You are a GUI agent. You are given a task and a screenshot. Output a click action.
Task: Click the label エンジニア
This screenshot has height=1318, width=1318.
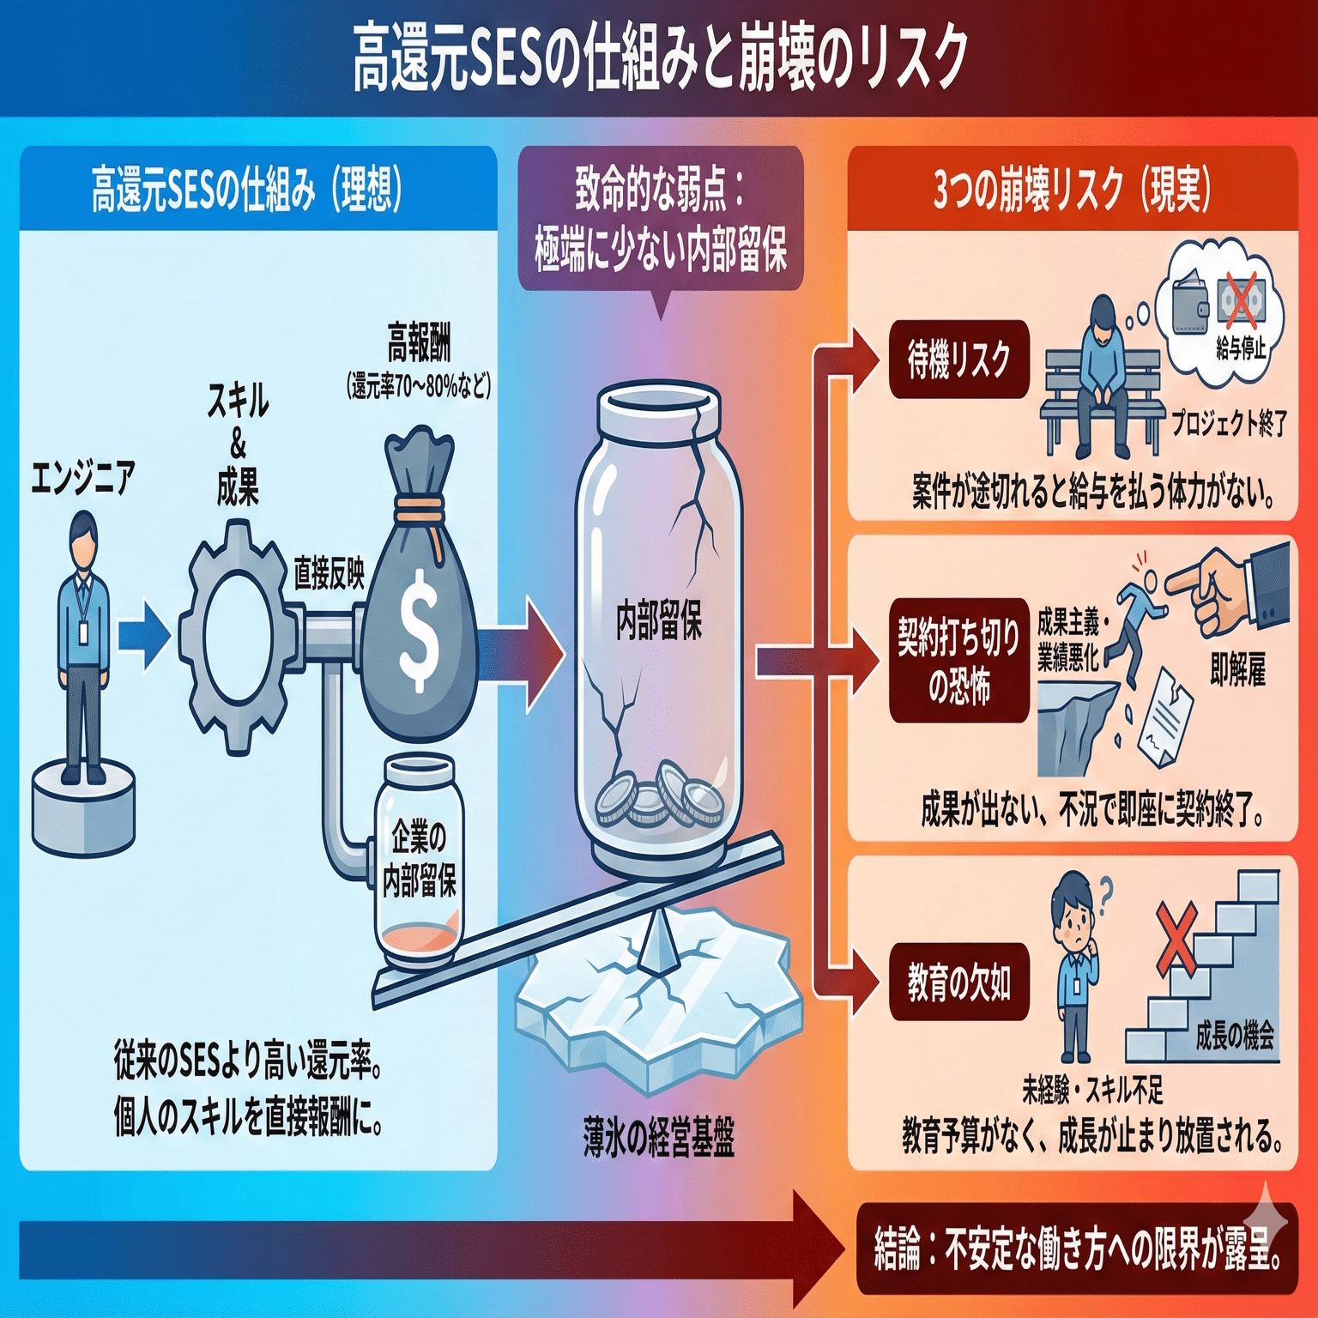(82, 478)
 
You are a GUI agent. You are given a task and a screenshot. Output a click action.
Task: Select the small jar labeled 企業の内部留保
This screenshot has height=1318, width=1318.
(419, 858)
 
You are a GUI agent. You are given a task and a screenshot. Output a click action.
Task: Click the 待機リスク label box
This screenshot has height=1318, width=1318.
(958, 360)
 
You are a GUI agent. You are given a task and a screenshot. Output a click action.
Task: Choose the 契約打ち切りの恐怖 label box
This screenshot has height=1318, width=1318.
(958, 660)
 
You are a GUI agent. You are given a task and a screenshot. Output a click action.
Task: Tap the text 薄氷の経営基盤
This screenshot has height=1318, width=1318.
(659, 1138)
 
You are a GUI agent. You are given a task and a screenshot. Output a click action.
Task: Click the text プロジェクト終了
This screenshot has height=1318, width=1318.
(1229, 422)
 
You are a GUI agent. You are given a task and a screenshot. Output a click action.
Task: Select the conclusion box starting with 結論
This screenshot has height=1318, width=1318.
(1078, 1249)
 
